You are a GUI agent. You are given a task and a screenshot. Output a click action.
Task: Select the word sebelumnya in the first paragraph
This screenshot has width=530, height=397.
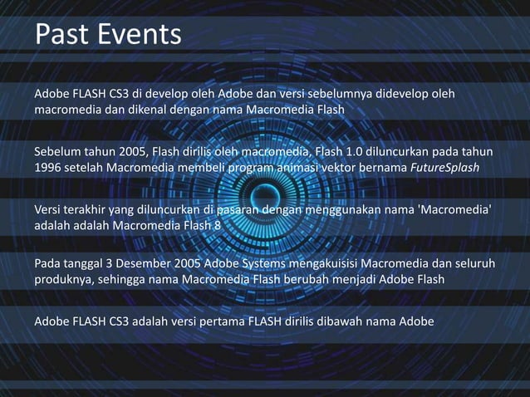point(375,93)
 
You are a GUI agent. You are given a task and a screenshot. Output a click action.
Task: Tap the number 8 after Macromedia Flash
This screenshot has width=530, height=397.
point(217,226)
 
